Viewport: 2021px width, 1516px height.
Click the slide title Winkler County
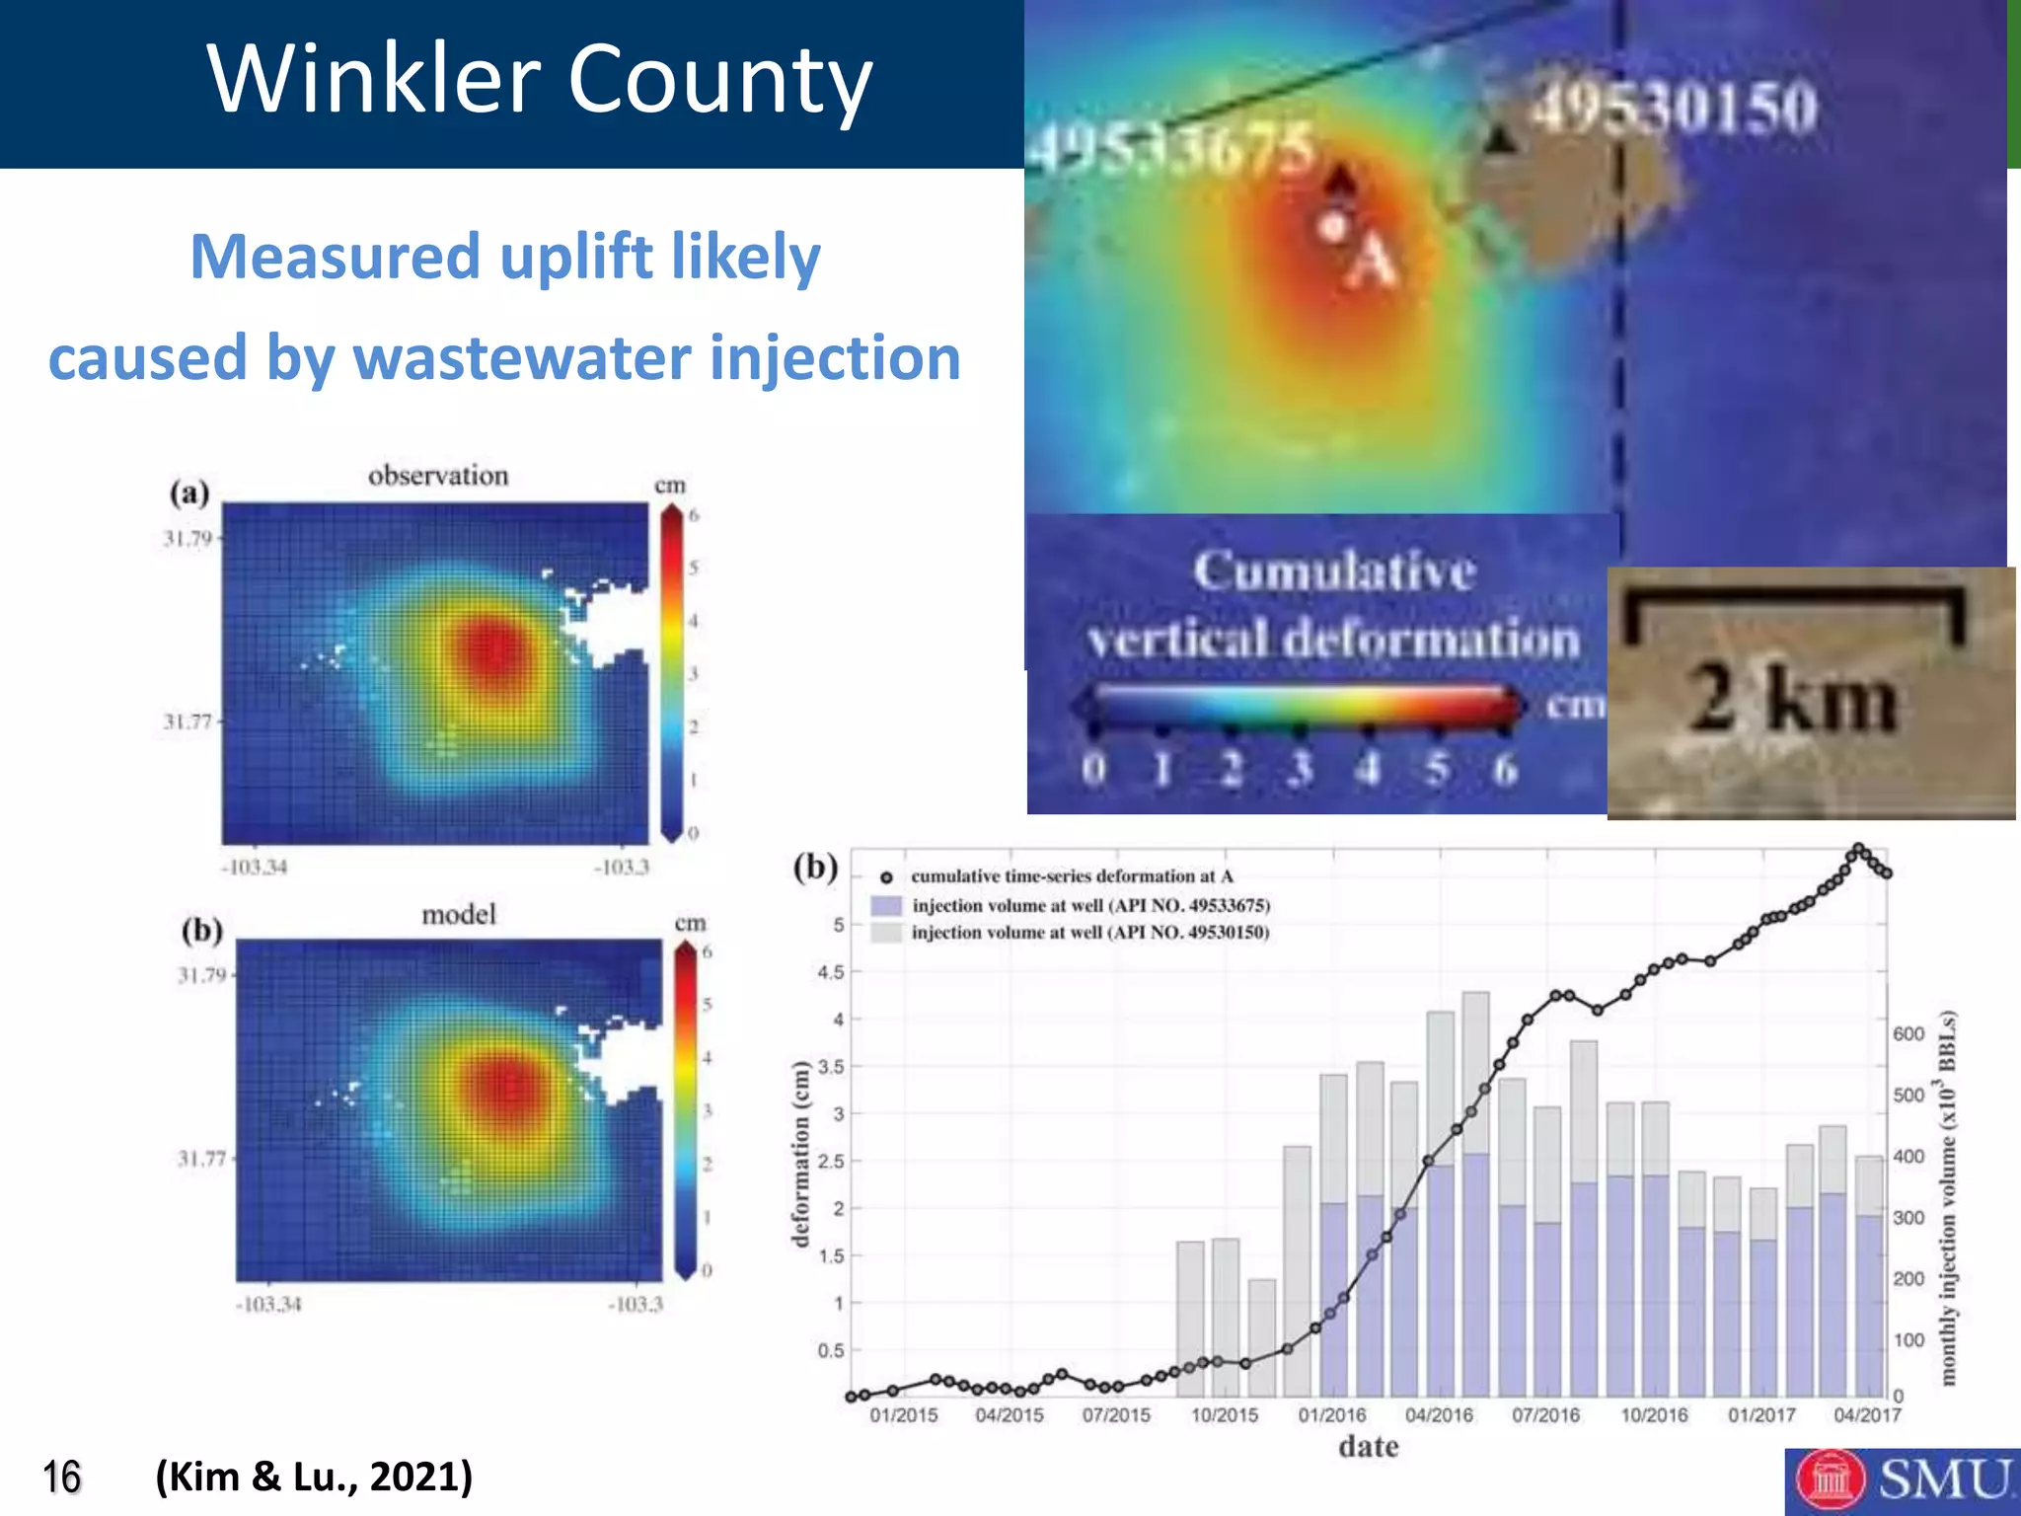540,79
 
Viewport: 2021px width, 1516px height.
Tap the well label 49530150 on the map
1674,106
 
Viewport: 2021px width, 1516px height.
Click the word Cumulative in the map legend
1334,570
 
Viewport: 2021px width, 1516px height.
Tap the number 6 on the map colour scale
1504,769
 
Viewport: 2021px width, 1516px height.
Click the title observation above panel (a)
438,476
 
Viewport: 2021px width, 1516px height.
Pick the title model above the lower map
459,915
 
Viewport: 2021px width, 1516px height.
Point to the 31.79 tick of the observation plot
187,539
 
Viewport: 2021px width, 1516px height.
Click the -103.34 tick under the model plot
268,1305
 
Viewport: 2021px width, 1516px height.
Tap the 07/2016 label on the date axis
1545,1415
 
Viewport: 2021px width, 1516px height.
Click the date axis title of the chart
1368,1447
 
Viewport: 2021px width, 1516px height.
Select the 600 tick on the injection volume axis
1909,1033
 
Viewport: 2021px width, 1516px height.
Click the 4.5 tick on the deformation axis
830,972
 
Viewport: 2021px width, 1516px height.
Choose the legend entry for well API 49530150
1089,933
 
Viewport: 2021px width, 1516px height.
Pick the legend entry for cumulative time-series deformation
1071,876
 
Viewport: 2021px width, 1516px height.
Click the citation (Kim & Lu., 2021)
314,1477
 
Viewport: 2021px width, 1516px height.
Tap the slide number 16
61,1478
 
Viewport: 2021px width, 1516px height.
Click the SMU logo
1901,1480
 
